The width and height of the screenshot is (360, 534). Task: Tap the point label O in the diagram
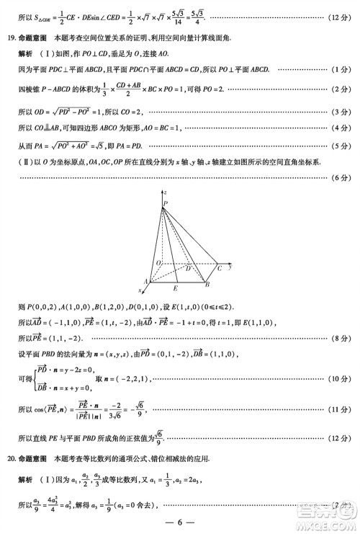point(157,264)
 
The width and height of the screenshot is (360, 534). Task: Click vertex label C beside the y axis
point(220,268)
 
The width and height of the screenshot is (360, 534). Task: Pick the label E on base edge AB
point(176,288)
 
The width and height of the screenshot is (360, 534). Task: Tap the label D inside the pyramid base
point(188,269)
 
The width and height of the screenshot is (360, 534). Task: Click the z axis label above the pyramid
point(166,193)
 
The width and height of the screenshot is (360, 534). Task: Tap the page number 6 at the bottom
point(180,522)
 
